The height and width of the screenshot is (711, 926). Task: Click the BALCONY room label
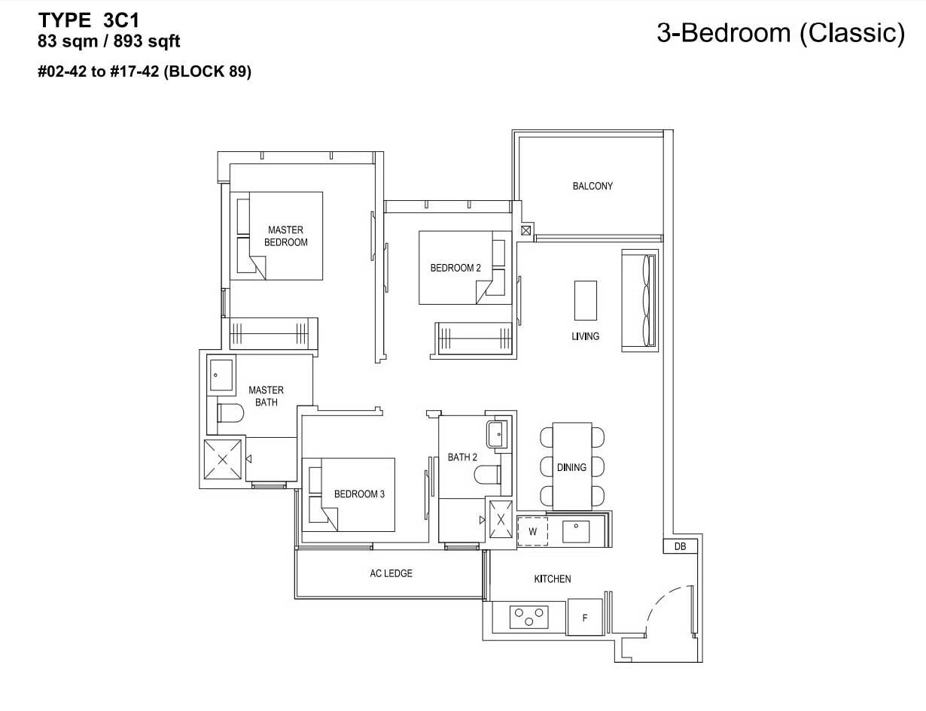pos(592,186)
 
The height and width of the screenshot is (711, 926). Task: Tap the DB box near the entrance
pos(680,546)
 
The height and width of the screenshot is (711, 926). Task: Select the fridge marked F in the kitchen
pos(585,618)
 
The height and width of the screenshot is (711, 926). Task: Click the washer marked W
pos(533,531)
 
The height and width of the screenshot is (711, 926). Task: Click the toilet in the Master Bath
pos(230,412)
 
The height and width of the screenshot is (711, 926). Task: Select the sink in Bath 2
pos(498,434)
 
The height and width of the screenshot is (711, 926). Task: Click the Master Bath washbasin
pos(221,375)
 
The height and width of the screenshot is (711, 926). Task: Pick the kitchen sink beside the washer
pos(576,531)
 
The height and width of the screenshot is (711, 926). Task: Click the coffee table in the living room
pos(586,300)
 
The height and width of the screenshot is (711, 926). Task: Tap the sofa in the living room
pos(640,301)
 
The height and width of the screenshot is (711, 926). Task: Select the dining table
pos(572,466)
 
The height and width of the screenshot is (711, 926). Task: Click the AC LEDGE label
pos(391,573)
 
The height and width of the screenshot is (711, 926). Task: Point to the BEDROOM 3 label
pos(359,494)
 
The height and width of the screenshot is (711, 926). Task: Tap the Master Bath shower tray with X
pos(223,459)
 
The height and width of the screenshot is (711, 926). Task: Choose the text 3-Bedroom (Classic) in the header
pos(781,33)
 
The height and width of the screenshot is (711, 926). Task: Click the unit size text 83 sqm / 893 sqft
pos(109,41)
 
